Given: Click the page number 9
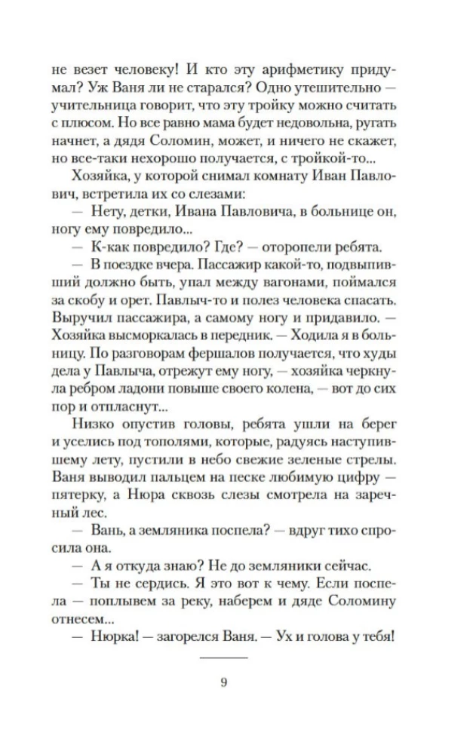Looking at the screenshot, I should click(223, 683).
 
